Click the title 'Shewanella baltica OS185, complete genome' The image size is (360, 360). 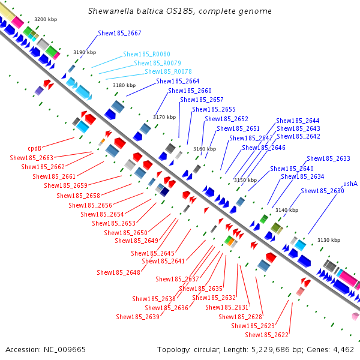(x=179, y=11)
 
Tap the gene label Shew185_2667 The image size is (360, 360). (x=119, y=34)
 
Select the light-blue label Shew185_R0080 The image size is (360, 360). (x=146, y=54)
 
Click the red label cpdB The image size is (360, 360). (x=34, y=148)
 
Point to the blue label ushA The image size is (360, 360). (x=350, y=184)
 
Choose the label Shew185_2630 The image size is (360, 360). (x=322, y=191)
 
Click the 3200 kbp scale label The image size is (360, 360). (x=46, y=20)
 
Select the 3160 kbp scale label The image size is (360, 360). (x=204, y=149)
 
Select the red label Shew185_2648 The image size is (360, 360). (x=118, y=272)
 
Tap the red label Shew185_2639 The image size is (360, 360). (x=137, y=317)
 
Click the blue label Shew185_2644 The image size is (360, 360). (x=298, y=121)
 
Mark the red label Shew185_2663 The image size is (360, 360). (x=31, y=158)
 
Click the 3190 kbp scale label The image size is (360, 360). (x=84, y=53)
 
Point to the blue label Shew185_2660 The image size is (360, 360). (x=190, y=91)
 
